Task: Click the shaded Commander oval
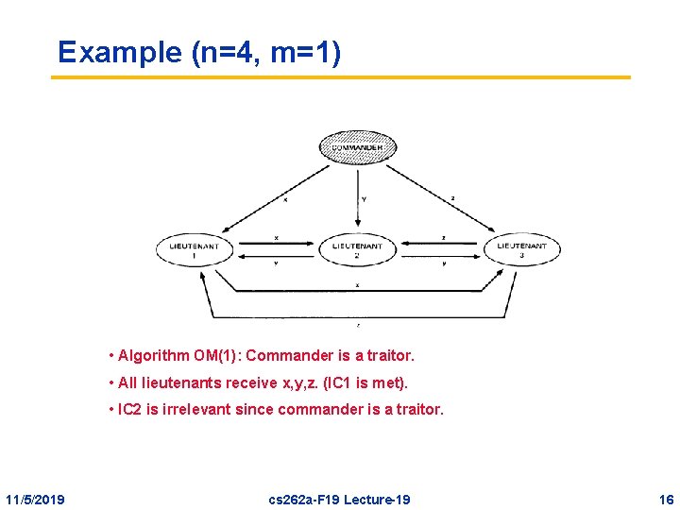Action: pos(358,147)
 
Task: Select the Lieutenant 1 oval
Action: pos(195,248)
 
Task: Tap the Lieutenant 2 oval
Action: pos(357,249)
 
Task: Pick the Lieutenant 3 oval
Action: pos(521,248)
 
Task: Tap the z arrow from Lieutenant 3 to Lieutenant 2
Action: pos(439,242)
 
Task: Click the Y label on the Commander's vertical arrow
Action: pos(365,199)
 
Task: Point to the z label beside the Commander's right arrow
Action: pos(453,198)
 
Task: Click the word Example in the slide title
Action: pos(120,52)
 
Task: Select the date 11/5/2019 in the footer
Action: pos(35,498)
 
